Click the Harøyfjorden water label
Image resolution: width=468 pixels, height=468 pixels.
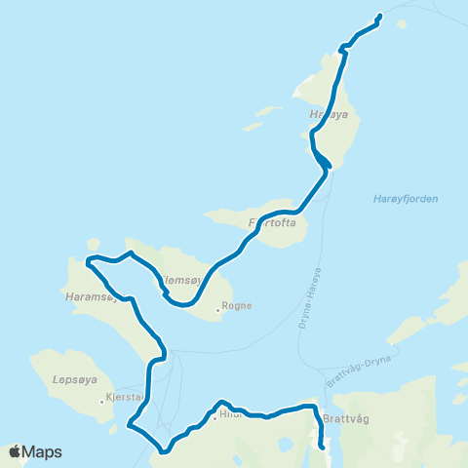406,199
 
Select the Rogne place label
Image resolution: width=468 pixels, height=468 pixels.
237,305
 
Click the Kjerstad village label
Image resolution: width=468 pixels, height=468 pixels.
125,397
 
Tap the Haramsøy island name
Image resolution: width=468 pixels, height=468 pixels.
88,293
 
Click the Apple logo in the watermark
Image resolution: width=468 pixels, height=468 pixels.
15,452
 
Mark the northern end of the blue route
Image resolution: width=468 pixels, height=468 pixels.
378,17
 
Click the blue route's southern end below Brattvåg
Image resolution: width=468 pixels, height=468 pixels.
323,447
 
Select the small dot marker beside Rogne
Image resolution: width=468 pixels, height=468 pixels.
218,312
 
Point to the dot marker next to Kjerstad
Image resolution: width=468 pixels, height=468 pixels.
101,401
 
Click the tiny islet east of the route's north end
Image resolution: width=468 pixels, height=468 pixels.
402,23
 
